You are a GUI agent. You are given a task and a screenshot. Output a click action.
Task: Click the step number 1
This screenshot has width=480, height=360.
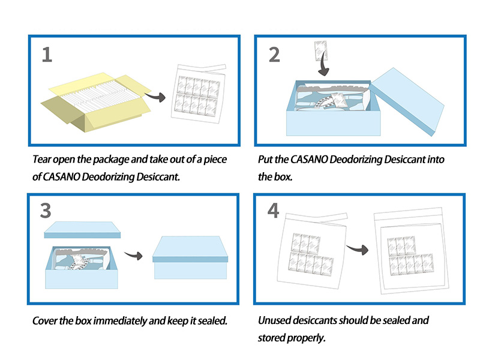tap(47, 55)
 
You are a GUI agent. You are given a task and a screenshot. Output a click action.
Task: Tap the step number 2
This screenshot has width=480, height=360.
tap(274, 55)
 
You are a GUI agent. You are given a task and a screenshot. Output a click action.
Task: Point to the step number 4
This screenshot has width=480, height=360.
tap(274, 212)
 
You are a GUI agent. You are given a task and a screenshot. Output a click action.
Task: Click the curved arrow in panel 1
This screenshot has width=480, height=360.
tap(158, 96)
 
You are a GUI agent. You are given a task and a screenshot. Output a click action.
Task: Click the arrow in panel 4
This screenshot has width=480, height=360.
tap(358, 247)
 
